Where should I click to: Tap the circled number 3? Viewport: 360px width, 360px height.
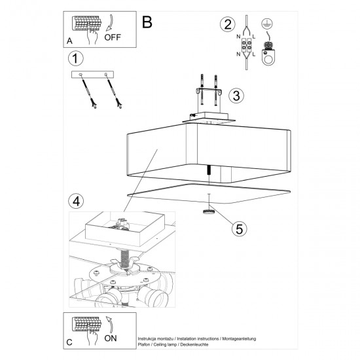pos(238,96)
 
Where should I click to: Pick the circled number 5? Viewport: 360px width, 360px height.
pos(240,228)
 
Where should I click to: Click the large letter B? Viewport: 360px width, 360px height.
pos(147,22)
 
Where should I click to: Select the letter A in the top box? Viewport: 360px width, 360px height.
pos(69,40)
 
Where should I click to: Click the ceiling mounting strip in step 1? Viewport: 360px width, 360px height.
pos(92,75)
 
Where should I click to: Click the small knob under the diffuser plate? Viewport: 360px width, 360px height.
pos(208,211)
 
